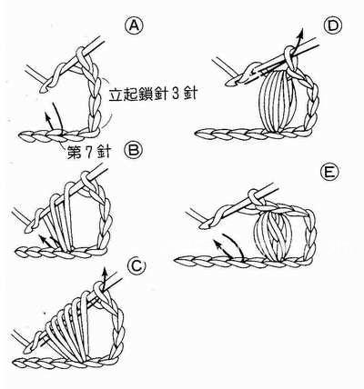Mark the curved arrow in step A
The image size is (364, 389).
[54, 116]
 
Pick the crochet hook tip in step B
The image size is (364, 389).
[19, 214]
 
